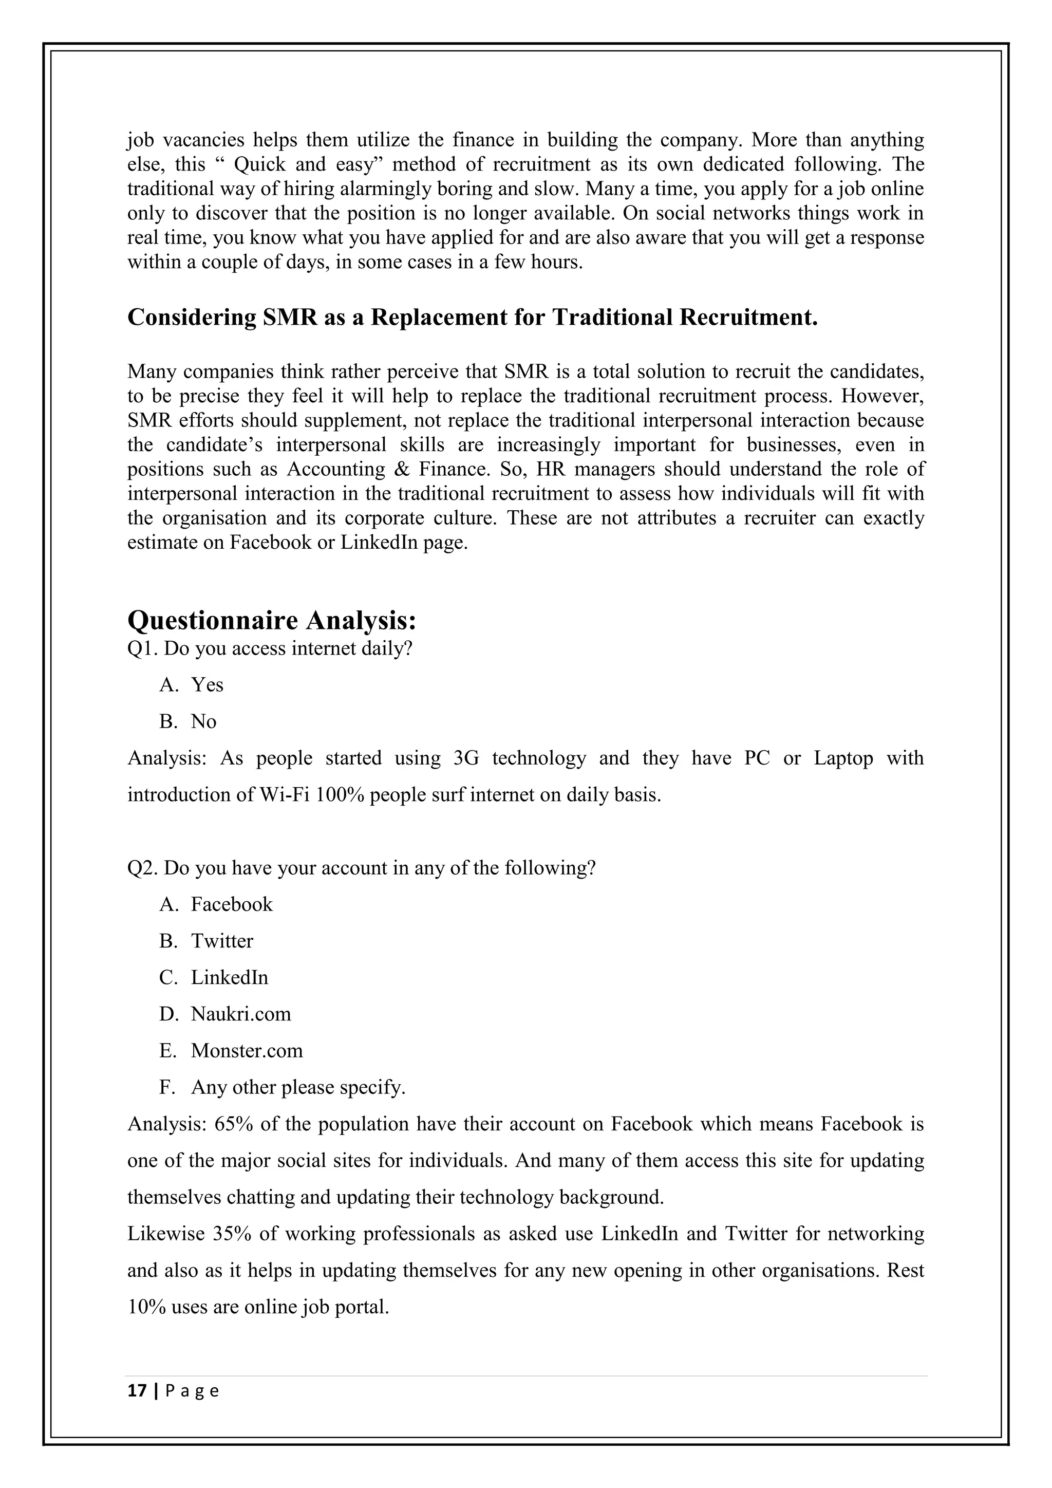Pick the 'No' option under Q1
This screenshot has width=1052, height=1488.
(x=203, y=721)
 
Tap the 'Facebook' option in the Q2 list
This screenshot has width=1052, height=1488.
(x=231, y=904)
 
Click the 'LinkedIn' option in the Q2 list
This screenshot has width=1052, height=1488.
(x=229, y=977)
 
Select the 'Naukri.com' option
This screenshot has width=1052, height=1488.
(x=240, y=1014)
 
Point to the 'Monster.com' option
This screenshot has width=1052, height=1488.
(x=246, y=1051)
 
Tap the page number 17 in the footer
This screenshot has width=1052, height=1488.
(x=137, y=1391)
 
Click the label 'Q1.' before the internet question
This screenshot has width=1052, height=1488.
(x=142, y=649)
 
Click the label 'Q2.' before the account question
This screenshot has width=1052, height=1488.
(x=142, y=868)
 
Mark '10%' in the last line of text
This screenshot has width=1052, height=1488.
(x=146, y=1307)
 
